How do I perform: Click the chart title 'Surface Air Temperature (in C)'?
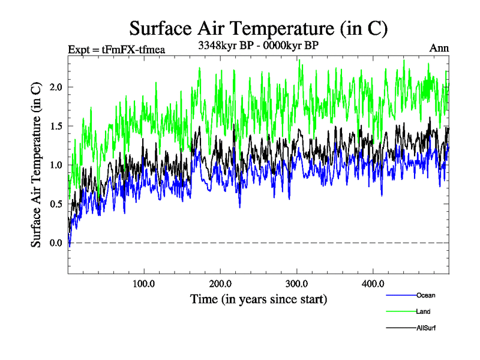(x=258, y=28)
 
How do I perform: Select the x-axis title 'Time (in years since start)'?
(x=259, y=298)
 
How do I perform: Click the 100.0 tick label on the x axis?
(x=144, y=283)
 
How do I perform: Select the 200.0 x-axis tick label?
(x=221, y=283)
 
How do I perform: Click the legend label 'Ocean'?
(x=425, y=295)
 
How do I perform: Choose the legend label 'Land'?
(x=423, y=311)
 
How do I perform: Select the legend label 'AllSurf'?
(x=427, y=328)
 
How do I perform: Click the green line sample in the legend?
(x=400, y=311)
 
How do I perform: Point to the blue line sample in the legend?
(x=400, y=295)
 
